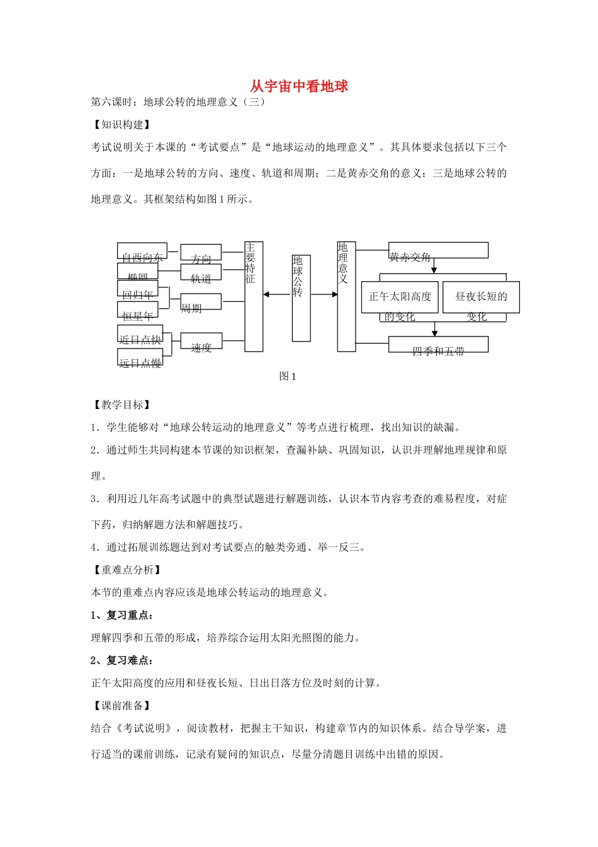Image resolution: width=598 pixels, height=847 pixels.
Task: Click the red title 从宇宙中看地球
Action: pyautogui.click(x=299, y=86)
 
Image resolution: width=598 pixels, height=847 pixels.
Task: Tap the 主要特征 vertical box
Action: pyautogui.click(x=254, y=296)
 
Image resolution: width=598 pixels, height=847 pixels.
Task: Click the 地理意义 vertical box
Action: pyautogui.click(x=346, y=296)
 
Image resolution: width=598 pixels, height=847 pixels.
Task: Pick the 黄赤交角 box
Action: pyautogui.click(x=438, y=250)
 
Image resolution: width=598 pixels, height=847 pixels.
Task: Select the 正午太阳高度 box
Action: pyautogui.click(x=400, y=297)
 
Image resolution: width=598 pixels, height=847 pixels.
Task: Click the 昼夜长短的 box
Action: pyautogui.click(x=481, y=297)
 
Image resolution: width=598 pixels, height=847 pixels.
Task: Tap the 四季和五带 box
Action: pyautogui.click(x=438, y=345)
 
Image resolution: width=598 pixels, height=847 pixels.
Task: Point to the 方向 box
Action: pyautogui.click(x=201, y=253)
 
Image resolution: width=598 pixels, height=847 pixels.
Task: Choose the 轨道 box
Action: pyautogui.click(x=201, y=272)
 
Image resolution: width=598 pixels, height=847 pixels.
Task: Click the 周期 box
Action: pyautogui.click(x=201, y=302)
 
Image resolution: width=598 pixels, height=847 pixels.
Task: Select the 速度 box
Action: pyautogui.click(x=201, y=341)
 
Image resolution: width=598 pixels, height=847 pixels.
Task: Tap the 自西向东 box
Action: pyautogui.click(x=142, y=251)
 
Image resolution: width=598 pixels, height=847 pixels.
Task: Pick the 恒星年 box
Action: pyautogui.click(x=138, y=310)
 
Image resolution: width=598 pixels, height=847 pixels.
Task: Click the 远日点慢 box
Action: pyautogui.click(x=140, y=357)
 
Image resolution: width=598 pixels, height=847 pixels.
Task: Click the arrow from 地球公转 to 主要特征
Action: pyautogui.click(x=277, y=294)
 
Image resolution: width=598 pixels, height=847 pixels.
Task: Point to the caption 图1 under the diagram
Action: pyautogui.click(x=288, y=377)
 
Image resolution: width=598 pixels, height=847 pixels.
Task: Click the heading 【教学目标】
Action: pyautogui.click(x=122, y=405)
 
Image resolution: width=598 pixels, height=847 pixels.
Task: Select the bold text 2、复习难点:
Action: pyautogui.click(x=122, y=660)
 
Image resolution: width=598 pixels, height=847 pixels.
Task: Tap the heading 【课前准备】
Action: pyautogui.click(x=122, y=706)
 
